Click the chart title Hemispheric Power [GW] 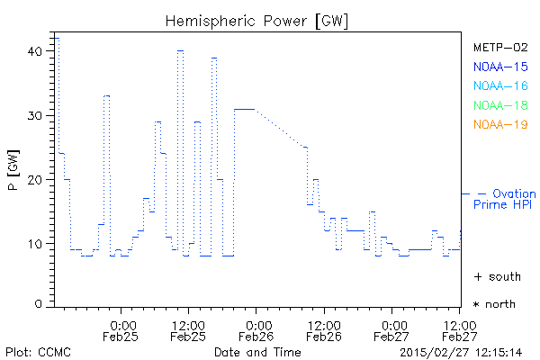pyautogui.click(x=258, y=20)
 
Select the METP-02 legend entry pyautogui.click(x=499, y=47)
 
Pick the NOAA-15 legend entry pyautogui.click(x=499, y=67)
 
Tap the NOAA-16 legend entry pyautogui.click(x=499, y=85)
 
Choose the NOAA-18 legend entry pyautogui.click(x=499, y=105)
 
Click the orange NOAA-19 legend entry pyautogui.click(x=499, y=124)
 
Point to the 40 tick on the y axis pyautogui.click(x=36, y=51)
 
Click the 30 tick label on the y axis pyautogui.click(x=36, y=115)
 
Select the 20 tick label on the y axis pyautogui.click(x=36, y=179)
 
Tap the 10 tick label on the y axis pyautogui.click(x=36, y=243)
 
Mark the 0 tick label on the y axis pyautogui.click(x=39, y=304)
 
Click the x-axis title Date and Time pyautogui.click(x=256, y=351)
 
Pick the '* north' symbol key pyautogui.click(x=494, y=304)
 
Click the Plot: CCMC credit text pyautogui.click(x=38, y=351)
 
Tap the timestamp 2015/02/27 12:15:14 pyautogui.click(x=462, y=351)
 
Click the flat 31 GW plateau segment pyautogui.click(x=245, y=109)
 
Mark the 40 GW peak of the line pyautogui.click(x=180, y=51)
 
